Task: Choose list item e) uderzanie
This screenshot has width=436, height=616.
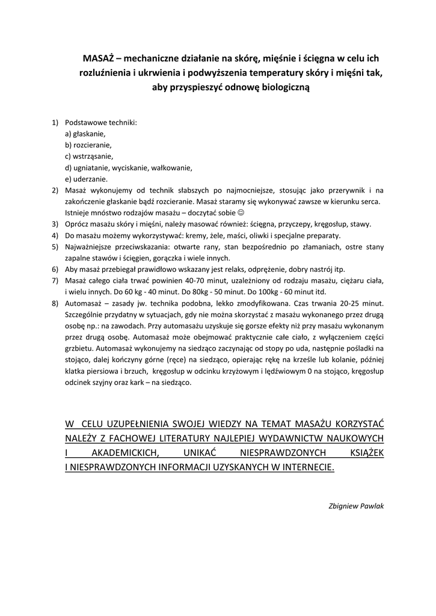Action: point(87,179)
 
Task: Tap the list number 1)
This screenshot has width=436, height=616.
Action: point(55,123)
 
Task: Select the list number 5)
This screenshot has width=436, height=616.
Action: point(55,247)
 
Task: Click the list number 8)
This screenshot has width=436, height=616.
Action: point(55,303)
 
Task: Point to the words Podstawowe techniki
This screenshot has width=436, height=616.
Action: point(101,123)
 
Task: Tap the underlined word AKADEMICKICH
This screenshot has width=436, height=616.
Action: point(121,452)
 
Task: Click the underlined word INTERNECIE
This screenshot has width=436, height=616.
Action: point(303,466)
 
